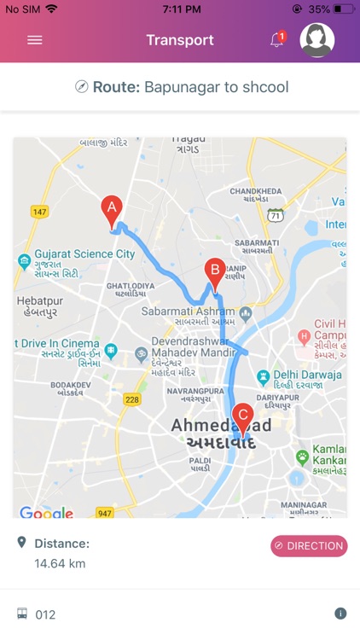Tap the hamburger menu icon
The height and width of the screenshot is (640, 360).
pos(35,40)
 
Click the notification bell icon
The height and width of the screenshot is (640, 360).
pos(276,40)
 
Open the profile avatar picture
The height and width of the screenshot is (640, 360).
pos(317,40)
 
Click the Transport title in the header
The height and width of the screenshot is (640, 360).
pos(180,40)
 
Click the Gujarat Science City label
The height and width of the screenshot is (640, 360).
pos(84,254)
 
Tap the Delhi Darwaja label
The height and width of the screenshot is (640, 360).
pos(308,375)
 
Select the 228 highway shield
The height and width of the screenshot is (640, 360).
pos(131,399)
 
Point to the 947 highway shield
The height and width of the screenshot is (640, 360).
pos(105,513)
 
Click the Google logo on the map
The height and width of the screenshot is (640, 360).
pos(46,513)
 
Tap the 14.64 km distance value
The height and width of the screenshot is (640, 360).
pos(60,563)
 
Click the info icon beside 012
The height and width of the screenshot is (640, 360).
pos(340,614)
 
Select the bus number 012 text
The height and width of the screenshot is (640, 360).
pos(45,614)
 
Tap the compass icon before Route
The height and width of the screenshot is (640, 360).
pos(82,87)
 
